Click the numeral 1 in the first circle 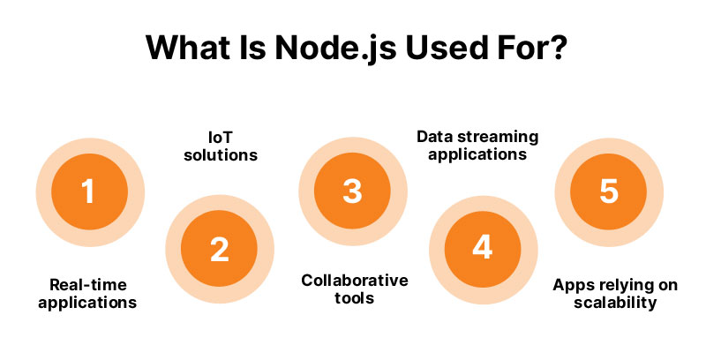[x=86, y=191]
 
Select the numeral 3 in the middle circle [x=351, y=191]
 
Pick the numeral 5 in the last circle [x=609, y=191]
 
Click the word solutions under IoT [x=219, y=155]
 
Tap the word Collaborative [x=355, y=281]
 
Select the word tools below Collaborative [x=355, y=299]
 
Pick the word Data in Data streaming [x=432, y=137]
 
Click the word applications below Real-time [x=87, y=303]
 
